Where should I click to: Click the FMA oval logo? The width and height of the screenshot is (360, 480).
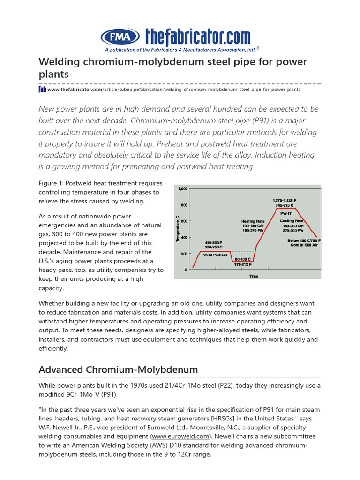(x=120, y=37)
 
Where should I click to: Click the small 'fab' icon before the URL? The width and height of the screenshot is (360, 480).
(x=42, y=89)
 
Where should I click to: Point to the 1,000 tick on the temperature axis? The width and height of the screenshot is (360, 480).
(x=182, y=189)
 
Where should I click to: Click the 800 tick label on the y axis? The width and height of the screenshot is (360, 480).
(x=184, y=205)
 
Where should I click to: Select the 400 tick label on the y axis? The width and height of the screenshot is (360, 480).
(x=184, y=238)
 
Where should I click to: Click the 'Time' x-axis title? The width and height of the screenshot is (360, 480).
(x=254, y=276)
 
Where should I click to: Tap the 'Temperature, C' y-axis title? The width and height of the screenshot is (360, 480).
(x=178, y=229)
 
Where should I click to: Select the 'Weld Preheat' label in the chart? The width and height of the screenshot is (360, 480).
(x=216, y=255)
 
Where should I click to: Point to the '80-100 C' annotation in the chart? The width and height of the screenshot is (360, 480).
(x=243, y=259)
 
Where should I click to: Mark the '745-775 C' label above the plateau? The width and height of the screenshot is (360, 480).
(x=285, y=205)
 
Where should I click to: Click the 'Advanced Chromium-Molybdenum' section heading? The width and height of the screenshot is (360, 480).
(x=118, y=370)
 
